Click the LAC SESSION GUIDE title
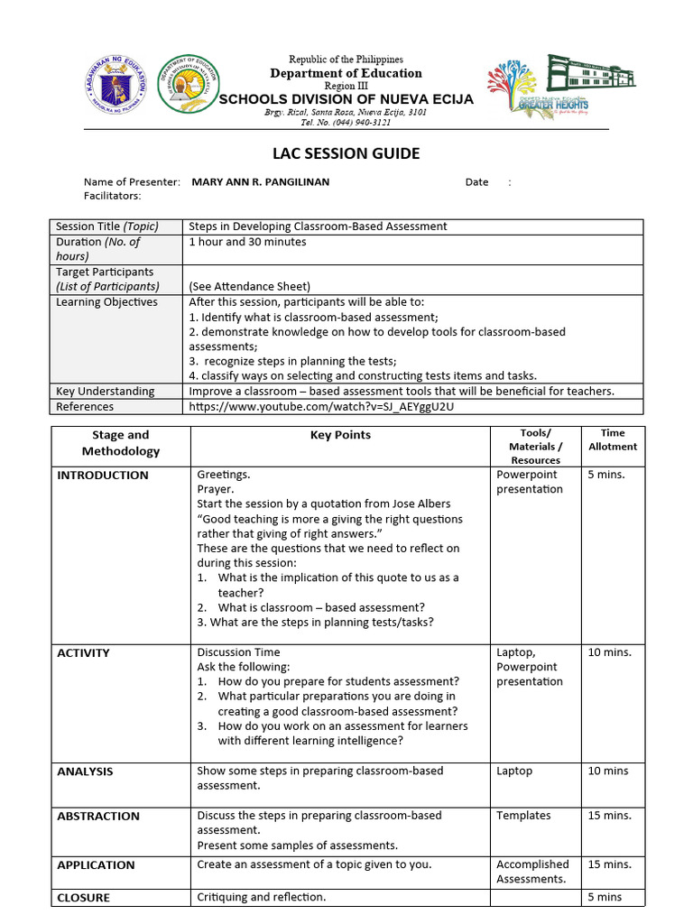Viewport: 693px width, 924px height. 346,153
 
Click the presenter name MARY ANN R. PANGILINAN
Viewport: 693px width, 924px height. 261,182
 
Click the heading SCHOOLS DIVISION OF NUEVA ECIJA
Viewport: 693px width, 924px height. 346,98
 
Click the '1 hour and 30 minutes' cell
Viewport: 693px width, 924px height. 247,242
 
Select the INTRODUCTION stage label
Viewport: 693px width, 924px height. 103,476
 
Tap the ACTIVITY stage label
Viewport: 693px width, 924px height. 83,653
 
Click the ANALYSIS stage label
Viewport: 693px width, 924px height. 85,772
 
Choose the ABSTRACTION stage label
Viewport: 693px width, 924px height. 98,816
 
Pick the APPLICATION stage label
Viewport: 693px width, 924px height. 96,865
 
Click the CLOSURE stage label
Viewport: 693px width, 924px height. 83,898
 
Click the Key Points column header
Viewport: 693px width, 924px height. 340,435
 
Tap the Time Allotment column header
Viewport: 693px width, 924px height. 613,439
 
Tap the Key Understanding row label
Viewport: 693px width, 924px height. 105,392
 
